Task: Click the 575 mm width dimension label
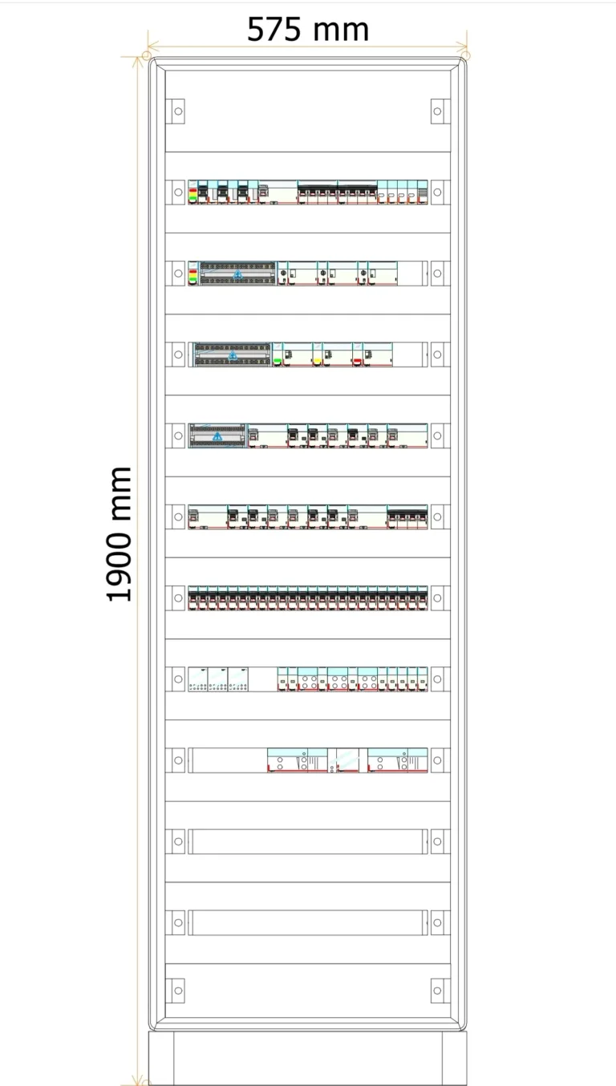point(308,30)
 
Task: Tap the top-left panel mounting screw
point(178,111)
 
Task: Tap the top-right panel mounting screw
point(437,111)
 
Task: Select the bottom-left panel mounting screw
point(178,991)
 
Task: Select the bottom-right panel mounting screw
point(437,991)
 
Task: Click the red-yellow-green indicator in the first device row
point(192,194)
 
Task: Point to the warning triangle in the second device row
point(237,274)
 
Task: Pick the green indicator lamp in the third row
point(278,361)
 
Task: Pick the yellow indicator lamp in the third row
point(318,361)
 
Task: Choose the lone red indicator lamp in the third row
point(357,361)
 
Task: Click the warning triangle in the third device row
point(233,355)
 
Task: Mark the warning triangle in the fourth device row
point(217,437)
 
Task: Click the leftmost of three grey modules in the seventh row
point(198,679)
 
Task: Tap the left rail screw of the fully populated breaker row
point(178,598)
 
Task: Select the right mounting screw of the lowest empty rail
point(437,922)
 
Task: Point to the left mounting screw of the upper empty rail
point(178,841)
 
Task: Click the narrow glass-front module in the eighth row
point(347,760)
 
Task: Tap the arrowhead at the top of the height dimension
point(138,62)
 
